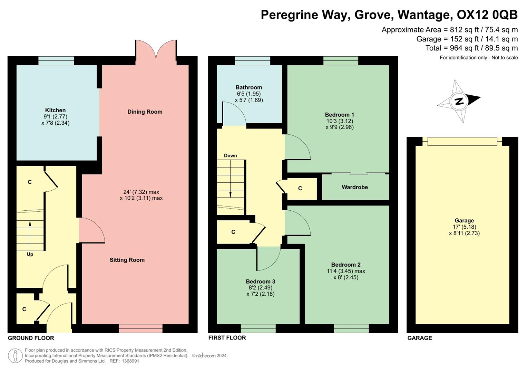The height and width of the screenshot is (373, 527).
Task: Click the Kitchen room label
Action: coord(55,110)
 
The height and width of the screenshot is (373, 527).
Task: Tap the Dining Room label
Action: coord(145,112)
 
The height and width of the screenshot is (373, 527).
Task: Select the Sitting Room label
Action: coord(127,260)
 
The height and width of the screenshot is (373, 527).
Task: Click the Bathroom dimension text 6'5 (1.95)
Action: coord(248,94)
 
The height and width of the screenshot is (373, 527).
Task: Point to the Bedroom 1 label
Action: coord(339,115)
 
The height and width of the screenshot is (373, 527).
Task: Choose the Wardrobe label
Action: coord(354,187)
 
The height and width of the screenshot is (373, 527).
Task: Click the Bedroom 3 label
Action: coord(260,281)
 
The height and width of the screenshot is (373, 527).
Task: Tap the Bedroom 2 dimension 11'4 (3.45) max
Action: coord(346,271)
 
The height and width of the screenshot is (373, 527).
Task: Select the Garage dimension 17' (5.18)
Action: coord(464,227)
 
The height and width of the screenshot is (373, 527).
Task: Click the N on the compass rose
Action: coord(459,101)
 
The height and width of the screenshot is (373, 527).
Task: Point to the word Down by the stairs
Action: coord(230,155)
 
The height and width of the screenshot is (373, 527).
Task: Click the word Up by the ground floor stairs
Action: coord(30,254)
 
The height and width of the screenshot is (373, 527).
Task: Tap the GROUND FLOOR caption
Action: coord(31,338)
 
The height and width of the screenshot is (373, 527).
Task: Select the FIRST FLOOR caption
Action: coord(227,337)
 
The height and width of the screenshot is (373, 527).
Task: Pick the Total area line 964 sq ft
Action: coord(471,48)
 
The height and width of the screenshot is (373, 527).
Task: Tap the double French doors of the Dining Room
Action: coord(156,51)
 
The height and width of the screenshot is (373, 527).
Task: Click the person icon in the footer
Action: coord(15,355)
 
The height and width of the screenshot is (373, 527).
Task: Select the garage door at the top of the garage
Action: coord(462,141)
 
